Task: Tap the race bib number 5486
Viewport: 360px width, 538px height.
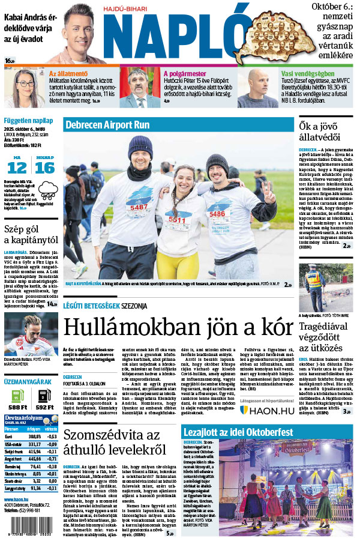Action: click(217, 213)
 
